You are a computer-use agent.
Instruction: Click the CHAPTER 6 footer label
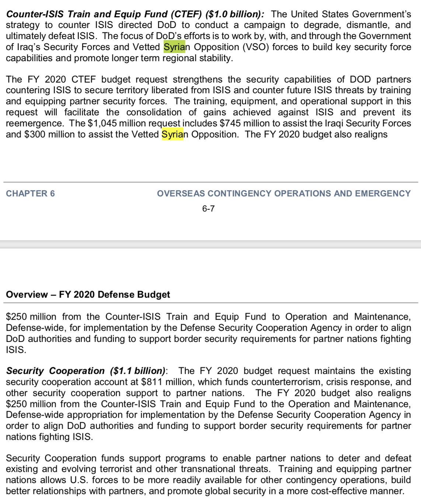tap(30, 193)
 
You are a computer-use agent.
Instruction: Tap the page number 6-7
tap(208, 209)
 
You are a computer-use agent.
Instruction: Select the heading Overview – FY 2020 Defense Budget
tap(88, 294)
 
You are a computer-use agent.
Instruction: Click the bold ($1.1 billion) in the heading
tap(138, 371)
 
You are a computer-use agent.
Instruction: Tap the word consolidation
tap(154, 112)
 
